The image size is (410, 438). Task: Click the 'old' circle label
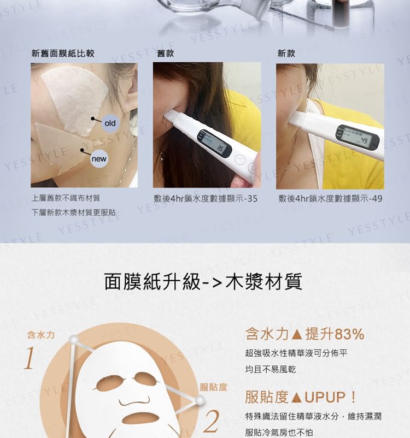click(110, 123)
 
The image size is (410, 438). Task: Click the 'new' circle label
click(99, 159)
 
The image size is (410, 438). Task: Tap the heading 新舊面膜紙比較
click(63, 54)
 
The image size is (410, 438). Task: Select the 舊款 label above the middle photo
click(166, 54)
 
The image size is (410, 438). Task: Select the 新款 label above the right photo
click(286, 54)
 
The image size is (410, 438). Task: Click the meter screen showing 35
click(215, 144)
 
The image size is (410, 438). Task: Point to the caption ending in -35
click(206, 199)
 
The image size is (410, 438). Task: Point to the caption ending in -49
click(330, 199)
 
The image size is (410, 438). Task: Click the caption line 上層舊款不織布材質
click(66, 198)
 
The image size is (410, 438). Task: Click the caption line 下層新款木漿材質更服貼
click(74, 212)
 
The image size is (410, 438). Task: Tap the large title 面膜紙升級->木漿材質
click(203, 282)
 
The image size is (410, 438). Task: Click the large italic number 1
click(30, 358)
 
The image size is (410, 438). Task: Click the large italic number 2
click(211, 421)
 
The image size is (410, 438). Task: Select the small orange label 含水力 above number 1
click(41, 335)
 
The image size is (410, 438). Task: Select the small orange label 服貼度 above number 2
click(213, 387)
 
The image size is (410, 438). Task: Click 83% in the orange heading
click(349, 334)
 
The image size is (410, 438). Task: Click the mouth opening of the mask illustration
click(138, 418)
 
